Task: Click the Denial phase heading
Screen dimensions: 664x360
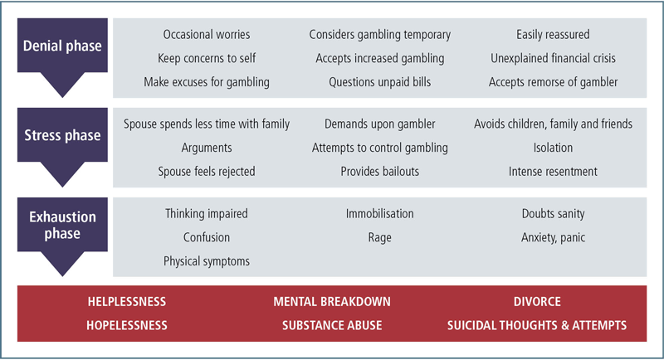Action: (x=62, y=46)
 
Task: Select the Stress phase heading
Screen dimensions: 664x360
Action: (x=62, y=135)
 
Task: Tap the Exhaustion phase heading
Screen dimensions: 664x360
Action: (x=62, y=225)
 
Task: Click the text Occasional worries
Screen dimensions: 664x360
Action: (x=207, y=35)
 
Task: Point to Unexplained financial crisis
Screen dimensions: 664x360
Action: (x=553, y=58)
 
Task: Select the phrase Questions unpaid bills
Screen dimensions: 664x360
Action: (x=380, y=82)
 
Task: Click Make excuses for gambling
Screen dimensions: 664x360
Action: (x=207, y=82)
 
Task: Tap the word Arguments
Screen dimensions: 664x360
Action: (x=207, y=148)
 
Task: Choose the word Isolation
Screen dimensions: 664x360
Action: (x=553, y=148)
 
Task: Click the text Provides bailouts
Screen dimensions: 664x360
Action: (x=380, y=172)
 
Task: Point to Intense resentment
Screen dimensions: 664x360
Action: (x=553, y=172)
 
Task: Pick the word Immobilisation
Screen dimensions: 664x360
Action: (x=380, y=214)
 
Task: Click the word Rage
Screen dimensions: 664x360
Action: (x=380, y=238)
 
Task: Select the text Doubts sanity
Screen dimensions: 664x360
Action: (x=553, y=214)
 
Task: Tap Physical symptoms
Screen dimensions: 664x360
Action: (x=207, y=261)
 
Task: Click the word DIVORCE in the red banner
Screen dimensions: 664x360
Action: (x=537, y=302)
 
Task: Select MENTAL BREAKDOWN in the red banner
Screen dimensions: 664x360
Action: (x=332, y=302)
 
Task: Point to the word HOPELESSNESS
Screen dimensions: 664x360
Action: (x=127, y=325)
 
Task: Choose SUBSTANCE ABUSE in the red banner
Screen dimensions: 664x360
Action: (x=332, y=325)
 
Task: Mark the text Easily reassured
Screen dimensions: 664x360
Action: (x=553, y=35)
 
